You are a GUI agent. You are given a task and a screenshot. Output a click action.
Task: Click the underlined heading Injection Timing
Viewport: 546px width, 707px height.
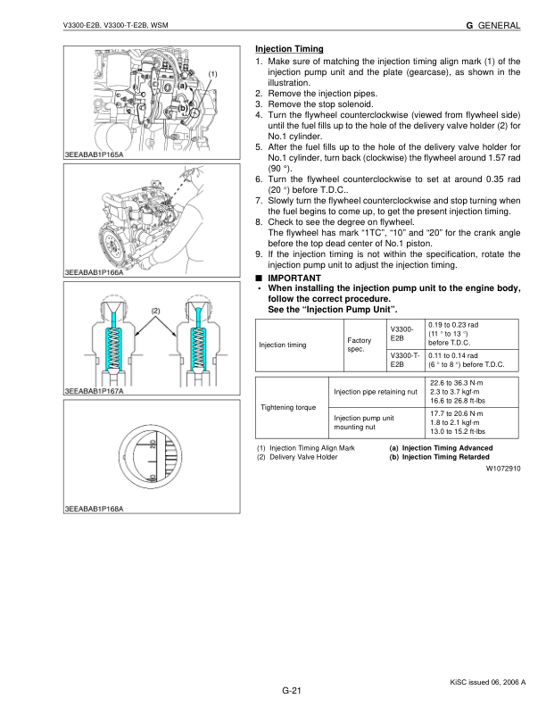[289, 48]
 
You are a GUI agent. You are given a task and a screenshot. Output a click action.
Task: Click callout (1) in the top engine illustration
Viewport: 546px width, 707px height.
[213, 71]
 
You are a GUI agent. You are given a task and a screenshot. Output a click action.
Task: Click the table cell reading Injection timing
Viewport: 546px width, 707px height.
[283, 345]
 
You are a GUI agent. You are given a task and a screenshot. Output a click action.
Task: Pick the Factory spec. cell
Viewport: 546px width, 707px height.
[359, 345]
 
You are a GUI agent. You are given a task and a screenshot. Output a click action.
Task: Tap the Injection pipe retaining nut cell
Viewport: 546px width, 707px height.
[376, 391]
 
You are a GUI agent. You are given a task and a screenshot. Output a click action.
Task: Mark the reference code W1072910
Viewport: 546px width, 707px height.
[502, 467]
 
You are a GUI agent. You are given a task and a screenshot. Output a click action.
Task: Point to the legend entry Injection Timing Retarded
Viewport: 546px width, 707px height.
[439, 457]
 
